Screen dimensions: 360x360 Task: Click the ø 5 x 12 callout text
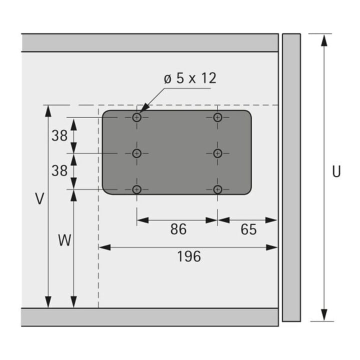[190, 78]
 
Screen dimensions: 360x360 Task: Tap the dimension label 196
[189, 256]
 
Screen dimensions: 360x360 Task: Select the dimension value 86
[178, 229]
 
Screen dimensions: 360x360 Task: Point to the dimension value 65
[248, 229]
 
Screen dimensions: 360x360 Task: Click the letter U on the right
[336, 171]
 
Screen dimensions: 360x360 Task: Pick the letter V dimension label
[39, 198]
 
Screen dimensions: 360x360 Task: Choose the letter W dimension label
[64, 240]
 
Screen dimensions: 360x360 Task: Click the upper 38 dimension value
[59, 135]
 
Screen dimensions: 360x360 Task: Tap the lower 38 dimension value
[59, 170]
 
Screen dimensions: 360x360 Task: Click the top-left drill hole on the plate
[137, 117]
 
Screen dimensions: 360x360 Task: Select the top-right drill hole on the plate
[217, 117]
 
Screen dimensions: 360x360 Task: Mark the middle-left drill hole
[137, 153]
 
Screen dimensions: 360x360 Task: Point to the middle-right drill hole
[217, 153]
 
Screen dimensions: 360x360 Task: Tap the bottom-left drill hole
[137, 189]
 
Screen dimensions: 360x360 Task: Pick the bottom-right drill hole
[217, 189]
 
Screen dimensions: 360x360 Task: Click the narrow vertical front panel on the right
[291, 177]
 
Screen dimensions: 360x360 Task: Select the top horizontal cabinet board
[150, 42]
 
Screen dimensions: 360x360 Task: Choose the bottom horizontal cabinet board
[150, 317]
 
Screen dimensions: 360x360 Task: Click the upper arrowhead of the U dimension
[324, 40]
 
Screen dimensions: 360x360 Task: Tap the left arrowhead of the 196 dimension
[104, 247]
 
